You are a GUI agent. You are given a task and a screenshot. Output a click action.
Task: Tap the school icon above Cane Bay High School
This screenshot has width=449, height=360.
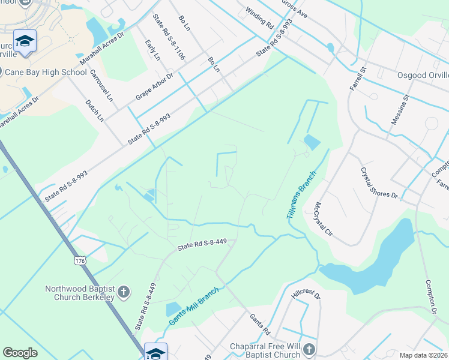(x=25, y=41)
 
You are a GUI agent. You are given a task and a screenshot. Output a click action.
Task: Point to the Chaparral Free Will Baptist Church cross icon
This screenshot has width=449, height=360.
(x=309, y=349)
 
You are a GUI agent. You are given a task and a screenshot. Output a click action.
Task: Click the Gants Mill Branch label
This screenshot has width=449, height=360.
(x=194, y=306)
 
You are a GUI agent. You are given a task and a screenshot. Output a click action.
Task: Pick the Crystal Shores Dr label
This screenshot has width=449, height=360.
(x=379, y=182)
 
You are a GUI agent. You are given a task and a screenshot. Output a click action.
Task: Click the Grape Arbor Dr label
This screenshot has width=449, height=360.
(x=154, y=86)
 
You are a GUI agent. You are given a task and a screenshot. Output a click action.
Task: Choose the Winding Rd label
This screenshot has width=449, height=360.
(x=260, y=18)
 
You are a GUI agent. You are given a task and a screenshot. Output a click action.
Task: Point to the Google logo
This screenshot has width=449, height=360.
(x=20, y=353)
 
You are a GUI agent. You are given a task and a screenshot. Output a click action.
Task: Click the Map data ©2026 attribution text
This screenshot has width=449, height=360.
(x=423, y=355)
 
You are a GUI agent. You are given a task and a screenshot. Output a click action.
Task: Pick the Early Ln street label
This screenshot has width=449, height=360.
(x=152, y=50)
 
